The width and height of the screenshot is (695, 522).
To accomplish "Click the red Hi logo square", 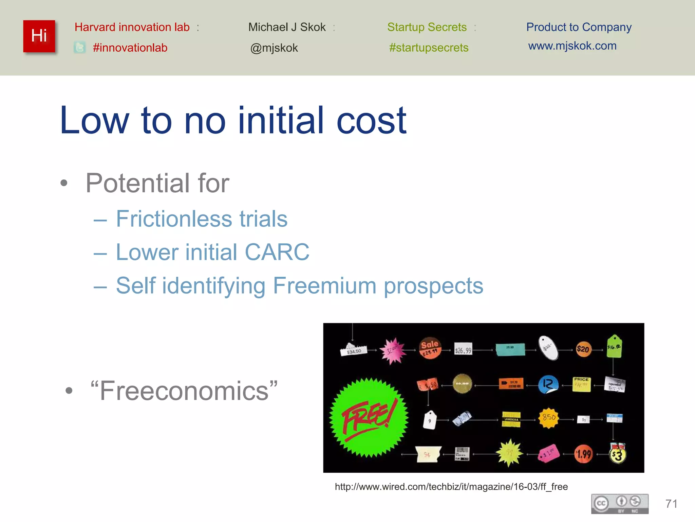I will (39, 36).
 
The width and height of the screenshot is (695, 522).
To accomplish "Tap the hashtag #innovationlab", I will (130, 48).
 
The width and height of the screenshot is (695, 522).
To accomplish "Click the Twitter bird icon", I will (80, 48).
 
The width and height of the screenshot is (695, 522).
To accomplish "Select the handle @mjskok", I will (274, 48).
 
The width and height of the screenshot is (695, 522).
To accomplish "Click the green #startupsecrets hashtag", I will (429, 48).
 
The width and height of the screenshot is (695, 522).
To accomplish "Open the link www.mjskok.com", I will (572, 46).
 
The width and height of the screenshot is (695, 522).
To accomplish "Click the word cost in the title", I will (371, 120).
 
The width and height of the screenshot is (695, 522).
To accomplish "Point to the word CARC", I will (277, 252).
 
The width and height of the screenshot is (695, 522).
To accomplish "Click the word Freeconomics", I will (184, 391).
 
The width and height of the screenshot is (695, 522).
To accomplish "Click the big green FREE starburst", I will (369, 418).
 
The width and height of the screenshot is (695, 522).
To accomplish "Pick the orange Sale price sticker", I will (430, 348).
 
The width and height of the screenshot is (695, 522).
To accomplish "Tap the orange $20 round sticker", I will (583, 349).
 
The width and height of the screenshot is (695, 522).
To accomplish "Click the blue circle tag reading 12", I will (548, 384).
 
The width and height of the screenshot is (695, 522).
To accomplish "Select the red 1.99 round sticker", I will (583, 454).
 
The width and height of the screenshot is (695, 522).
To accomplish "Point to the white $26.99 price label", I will (463, 350).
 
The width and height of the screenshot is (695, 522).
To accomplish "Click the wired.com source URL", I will (451, 487).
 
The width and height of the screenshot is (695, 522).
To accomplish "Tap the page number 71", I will (671, 504).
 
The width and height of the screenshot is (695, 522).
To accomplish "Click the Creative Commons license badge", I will (620, 504).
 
